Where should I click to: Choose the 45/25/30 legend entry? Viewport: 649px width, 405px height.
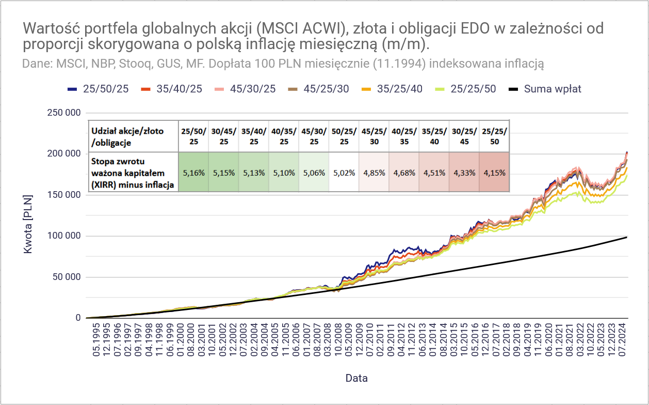click(x=327, y=89)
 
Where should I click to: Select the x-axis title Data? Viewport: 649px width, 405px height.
click(x=356, y=378)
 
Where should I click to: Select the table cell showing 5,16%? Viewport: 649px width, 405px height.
click(x=193, y=173)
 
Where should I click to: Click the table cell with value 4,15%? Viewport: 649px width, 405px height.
click(x=494, y=173)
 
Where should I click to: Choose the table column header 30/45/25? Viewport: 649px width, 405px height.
click(x=223, y=136)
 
